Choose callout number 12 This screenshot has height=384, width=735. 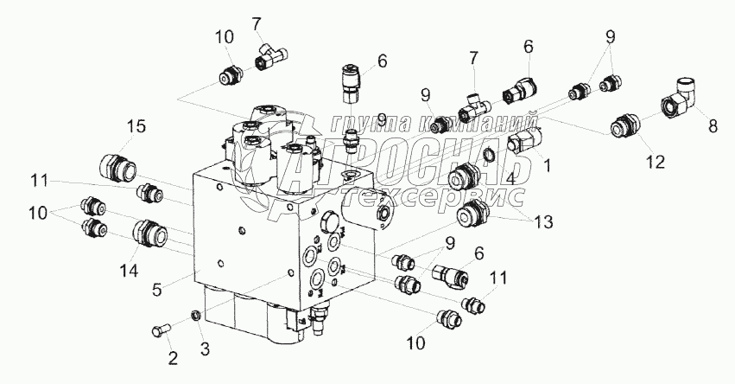(655, 162)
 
